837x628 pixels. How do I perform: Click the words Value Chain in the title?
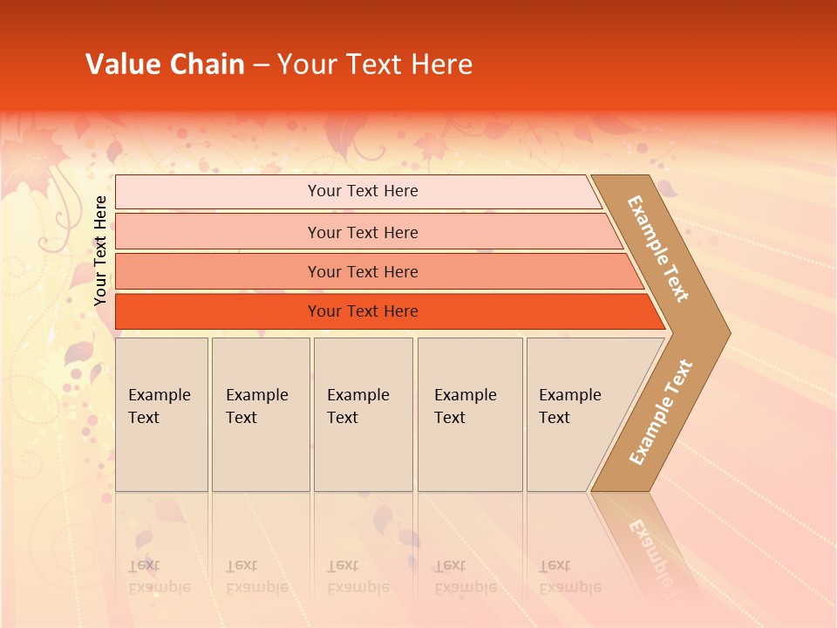pos(165,65)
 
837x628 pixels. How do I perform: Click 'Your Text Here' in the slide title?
pos(375,65)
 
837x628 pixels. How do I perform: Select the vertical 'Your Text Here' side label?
pos(100,250)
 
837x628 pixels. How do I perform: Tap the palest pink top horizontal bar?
pos(363,191)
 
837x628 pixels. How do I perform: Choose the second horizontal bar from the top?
pos(363,232)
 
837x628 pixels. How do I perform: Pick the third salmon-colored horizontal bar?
pos(363,271)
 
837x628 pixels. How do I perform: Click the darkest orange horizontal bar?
pos(363,311)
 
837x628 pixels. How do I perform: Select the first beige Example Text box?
pos(161,414)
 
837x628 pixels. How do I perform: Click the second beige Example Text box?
pos(261,414)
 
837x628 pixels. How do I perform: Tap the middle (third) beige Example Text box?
pos(363,414)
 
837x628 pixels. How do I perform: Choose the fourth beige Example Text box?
pos(470,414)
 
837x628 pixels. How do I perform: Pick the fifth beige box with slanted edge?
pos(575,414)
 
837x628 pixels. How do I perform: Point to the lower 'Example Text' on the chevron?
pos(661,412)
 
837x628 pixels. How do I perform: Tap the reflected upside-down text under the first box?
pos(160,577)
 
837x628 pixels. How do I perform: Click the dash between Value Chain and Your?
pos(261,65)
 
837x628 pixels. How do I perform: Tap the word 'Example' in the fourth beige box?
pos(466,394)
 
